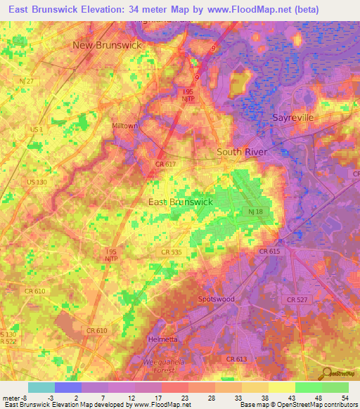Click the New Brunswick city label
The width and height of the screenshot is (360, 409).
[x=107, y=45]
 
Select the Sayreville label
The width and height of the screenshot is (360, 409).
[x=292, y=117]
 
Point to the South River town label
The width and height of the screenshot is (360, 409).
[x=243, y=152]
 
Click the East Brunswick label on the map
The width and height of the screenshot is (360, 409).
[x=181, y=202]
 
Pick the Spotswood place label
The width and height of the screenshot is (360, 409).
[x=216, y=299]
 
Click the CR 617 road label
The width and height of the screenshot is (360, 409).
[x=165, y=164]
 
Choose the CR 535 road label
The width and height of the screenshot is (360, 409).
[x=171, y=252]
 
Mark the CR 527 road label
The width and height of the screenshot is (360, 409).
[x=298, y=299]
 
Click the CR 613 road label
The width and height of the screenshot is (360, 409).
[x=238, y=359]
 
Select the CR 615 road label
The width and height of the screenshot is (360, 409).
[x=269, y=251]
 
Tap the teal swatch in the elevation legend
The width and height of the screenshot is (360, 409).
[x=41, y=387]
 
